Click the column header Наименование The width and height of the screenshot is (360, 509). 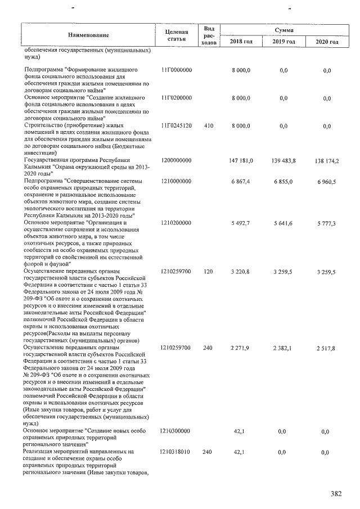pyautogui.click(x=88, y=35)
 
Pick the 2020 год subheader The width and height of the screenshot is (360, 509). pyautogui.click(x=327, y=42)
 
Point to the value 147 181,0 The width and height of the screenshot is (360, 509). pyautogui.click(x=241, y=161)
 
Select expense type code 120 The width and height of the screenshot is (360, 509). pyautogui.click(x=208, y=272)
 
